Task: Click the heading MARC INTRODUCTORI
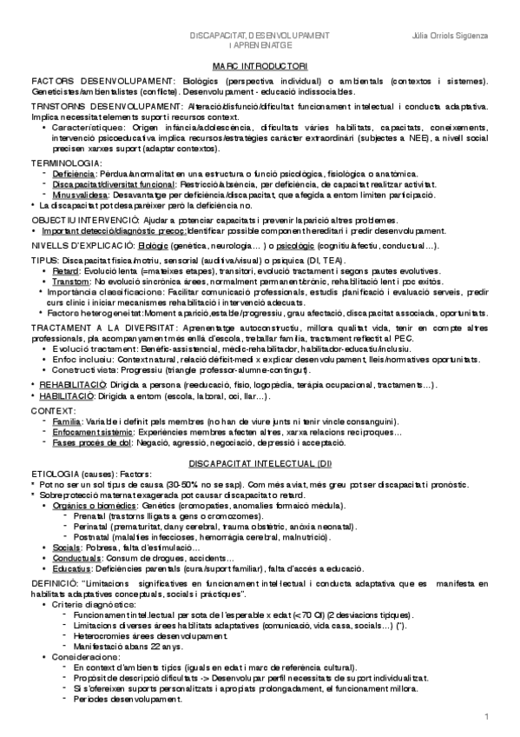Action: pos(260,65)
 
